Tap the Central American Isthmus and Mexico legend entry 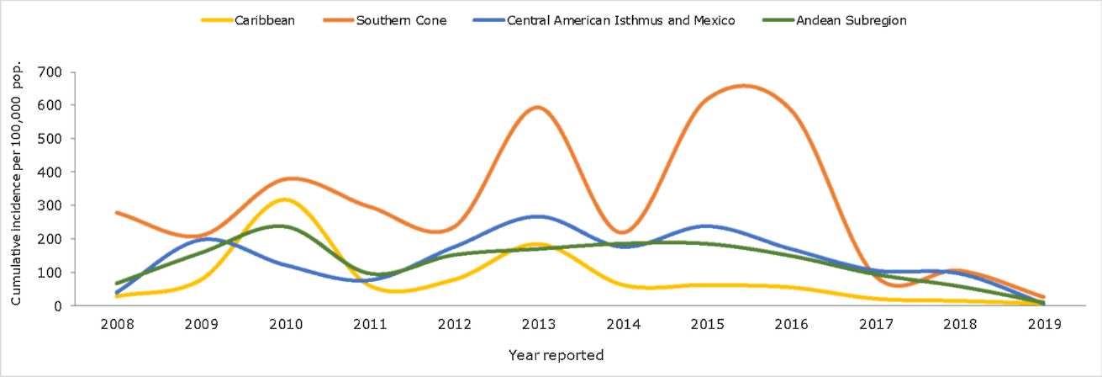pyautogui.click(x=621, y=20)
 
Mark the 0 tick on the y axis pyautogui.click(x=59, y=306)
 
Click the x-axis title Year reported pyautogui.click(x=556, y=355)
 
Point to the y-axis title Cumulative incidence pyautogui.click(x=17, y=183)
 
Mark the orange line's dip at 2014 pyautogui.click(x=621, y=232)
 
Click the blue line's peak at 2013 pyautogui.click(x=538, y=216)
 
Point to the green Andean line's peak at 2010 pyautogui.click(x=282, y=226)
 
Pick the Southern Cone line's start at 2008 pyautogui.click(x=117, y=212)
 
